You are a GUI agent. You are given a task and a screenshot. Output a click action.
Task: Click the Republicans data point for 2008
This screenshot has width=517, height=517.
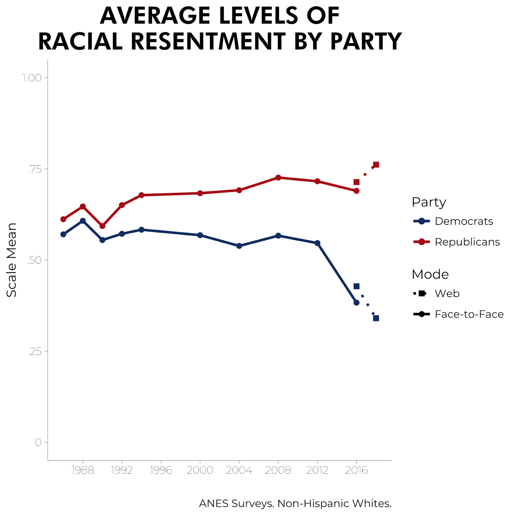pos(278,178)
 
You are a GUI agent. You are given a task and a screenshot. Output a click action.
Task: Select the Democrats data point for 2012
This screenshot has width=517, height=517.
pos(317,243)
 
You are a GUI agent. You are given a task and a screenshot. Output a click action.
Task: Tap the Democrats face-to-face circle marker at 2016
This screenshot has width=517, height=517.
pos(356,303)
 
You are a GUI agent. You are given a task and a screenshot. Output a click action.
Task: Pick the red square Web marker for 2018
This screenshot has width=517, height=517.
pos(376,165)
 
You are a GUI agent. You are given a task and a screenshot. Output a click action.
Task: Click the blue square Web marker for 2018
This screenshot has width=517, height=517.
pos(376,318)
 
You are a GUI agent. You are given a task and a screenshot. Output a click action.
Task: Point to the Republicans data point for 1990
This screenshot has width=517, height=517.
pos(102,226)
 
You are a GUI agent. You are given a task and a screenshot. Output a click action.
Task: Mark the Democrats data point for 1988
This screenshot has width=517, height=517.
pos(83,221)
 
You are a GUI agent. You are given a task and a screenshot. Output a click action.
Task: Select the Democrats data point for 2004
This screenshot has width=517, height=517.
pos(239,246)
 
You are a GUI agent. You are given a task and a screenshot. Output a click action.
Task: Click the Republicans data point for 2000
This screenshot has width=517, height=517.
pos(200,193)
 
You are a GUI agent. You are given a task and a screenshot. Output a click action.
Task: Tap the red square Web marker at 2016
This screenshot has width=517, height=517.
pos(356,182)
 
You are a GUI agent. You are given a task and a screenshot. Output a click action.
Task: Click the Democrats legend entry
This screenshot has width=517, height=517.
pos(463,221)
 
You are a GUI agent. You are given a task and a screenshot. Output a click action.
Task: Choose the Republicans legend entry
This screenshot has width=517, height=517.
pos(467,242)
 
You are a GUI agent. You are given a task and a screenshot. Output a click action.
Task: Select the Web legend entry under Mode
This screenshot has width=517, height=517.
pos(447,293)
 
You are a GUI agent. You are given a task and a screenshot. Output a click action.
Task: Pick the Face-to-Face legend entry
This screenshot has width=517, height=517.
pos(469,314)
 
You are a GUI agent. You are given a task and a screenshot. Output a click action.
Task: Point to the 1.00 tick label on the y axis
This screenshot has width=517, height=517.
pos(32,78)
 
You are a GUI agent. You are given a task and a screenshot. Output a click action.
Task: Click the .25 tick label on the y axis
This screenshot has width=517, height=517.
pos(35,351)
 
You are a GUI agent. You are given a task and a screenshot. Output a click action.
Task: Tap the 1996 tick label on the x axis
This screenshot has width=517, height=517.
pos(161,470)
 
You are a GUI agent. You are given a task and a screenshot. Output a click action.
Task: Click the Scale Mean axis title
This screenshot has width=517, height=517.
pos(12,260)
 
